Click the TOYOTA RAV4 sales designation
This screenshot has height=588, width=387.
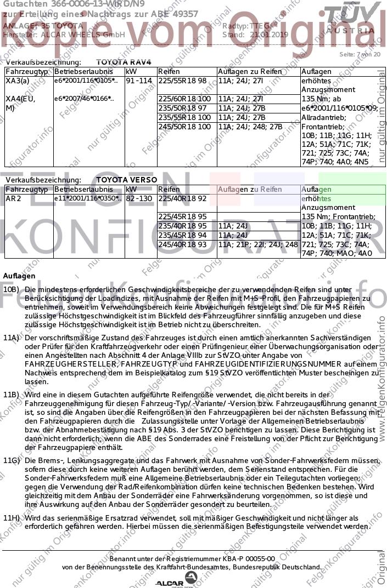tap(123, 62)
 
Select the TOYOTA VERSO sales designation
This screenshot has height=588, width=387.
tap(126, 180)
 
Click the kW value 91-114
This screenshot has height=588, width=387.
tap(138, 81)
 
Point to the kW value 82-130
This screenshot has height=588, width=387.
tap(138, 198)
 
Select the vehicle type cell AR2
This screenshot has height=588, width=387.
tap(13, 198)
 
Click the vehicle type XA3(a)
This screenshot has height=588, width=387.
tap(17, 81)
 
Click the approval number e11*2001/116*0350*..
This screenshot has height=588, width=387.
tap(85, 198)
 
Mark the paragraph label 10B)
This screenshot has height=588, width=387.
tap(12, 289)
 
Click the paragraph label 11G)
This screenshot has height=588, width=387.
tap(12, 461)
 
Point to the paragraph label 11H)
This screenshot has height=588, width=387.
tap(12, 518)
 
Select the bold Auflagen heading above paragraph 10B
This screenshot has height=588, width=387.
tap(19, 276)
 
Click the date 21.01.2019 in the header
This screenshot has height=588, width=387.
tap(268, 35)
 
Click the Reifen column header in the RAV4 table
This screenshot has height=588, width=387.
tap(169, 71)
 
